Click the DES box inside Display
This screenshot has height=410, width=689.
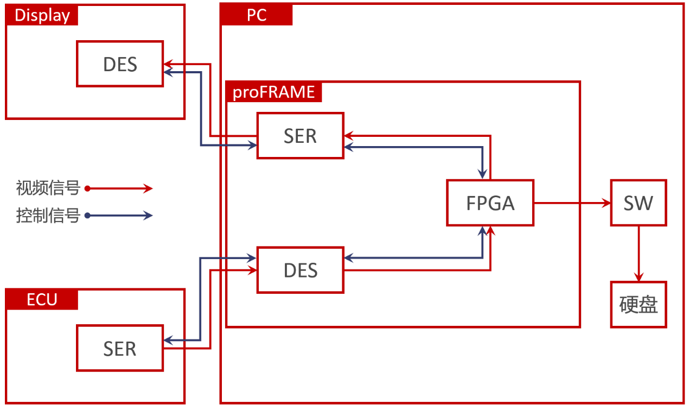120,64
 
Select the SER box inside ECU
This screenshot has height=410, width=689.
120,348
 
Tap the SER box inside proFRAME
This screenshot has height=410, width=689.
300,136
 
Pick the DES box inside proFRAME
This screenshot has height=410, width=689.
300,270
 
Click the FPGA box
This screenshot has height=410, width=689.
490,203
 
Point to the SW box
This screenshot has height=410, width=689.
638,203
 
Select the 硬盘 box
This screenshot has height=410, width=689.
638,305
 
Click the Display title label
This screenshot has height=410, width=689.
42,15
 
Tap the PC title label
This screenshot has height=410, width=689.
257,15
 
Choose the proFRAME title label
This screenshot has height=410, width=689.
274,92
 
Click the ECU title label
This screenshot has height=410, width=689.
42,299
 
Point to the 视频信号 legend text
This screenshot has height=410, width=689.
48,188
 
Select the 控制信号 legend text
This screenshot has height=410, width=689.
48,216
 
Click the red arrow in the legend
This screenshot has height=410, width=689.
119,188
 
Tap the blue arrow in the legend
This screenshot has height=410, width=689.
119,216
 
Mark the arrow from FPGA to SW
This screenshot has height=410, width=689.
572,203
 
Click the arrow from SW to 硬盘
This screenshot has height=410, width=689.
639,254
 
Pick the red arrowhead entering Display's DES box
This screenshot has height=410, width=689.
169,63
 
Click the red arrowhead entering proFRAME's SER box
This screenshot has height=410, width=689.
349,135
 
